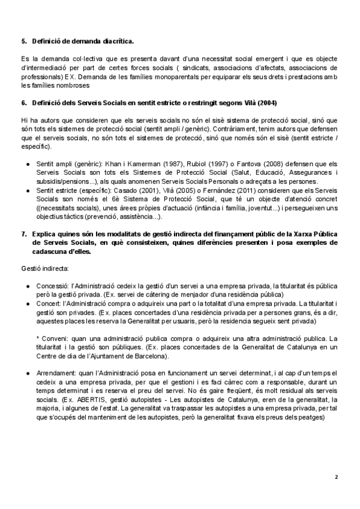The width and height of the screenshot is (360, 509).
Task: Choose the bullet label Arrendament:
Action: click(57, 373)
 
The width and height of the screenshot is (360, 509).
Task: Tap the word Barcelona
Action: click(151, 356)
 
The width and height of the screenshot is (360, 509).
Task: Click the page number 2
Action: click(337, 477)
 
